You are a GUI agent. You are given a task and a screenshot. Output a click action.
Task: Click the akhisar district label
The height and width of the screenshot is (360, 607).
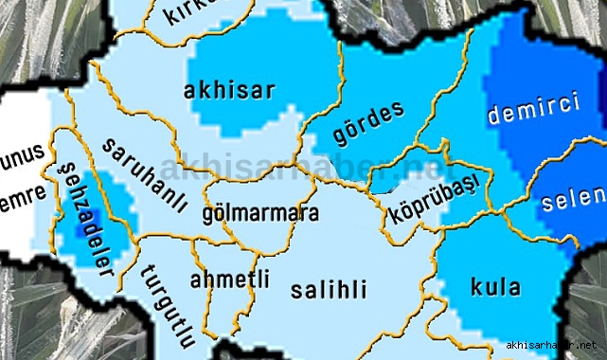(x=231, y=91)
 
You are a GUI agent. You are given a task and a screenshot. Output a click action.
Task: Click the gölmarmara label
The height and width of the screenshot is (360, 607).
(x=260, y=214)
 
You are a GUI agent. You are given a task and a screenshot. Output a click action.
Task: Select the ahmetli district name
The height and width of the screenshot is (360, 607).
(x=229, y=279)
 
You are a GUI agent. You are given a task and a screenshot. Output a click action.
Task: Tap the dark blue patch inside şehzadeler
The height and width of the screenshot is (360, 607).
(x=75, y=226)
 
